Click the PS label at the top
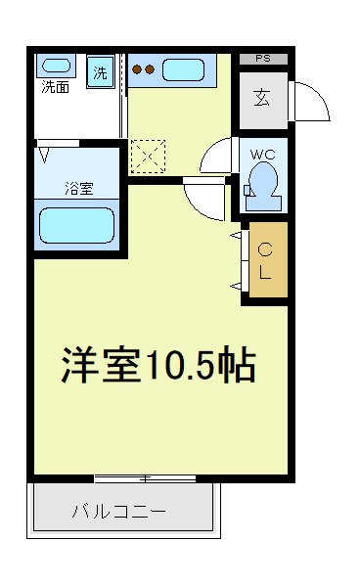click(x=263, y=59)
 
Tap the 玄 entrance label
click(x=262, y=98)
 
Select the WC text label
click(x=263, y=155)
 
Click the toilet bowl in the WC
click(x=263, y=185)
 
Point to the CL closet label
click(x=265, y=261)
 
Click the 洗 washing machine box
click(x=101, y=71)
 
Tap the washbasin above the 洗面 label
click(x=56, y=66)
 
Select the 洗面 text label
click(x=56, y=87)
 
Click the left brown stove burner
click(x=137, y=69)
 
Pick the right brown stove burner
click(x=150, y=69)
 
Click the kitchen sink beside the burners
click(x=183, y=70)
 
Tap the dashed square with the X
click(x=148, y=157)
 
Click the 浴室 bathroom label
click(x=79, y=188)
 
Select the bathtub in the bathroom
click(x=76, y=225)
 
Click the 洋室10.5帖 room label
click(x=158, y=364)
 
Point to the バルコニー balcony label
click(x=119, y=512)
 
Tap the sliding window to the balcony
click(x=145, y=478)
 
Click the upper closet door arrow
click(x=236, y=235)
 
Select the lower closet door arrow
click(x=236, y=287)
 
